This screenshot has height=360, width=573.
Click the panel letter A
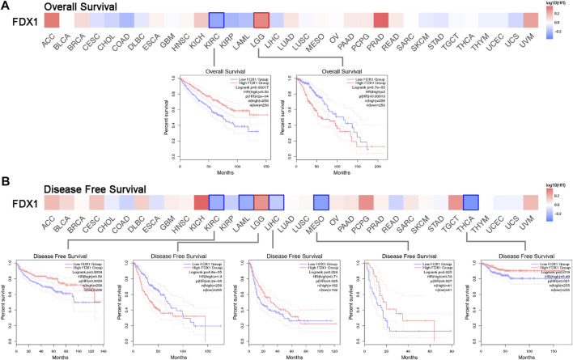pyautogui.click(x=6, y=6)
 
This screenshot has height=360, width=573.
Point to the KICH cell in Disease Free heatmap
pyautogui.click(x=197, y=203)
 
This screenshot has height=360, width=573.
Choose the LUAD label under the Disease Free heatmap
pyautogui.click(x=284, y=230)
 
